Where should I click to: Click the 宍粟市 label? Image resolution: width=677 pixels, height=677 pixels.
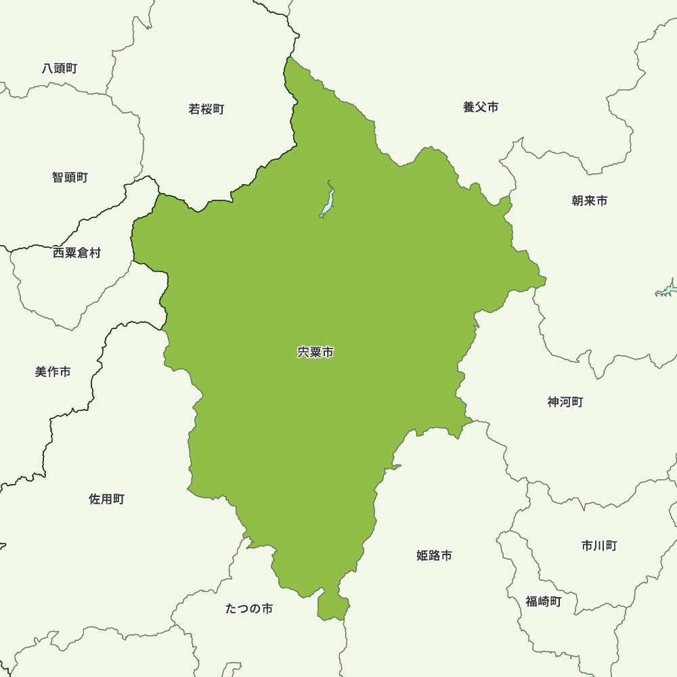click(315, 353)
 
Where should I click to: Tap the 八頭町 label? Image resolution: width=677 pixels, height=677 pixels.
click(60, 68)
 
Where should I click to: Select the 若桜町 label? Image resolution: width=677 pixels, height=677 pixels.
click(206, 109)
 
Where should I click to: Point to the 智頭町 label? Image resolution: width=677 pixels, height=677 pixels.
click(70, 177)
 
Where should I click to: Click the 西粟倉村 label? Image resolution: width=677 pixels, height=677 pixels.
click(77, 253)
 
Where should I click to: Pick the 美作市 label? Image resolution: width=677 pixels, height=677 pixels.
click(53, 372)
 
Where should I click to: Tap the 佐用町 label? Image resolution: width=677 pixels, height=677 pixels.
click(107, 500)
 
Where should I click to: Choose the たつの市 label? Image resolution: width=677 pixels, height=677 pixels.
click(249, 609)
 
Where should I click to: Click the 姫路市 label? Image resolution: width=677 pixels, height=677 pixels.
click(435, 556)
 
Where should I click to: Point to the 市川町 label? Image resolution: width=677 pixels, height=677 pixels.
click(599, 546)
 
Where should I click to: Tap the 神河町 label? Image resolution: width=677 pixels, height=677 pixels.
click(565, 402)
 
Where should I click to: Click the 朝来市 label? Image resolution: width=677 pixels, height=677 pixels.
click(590, 201)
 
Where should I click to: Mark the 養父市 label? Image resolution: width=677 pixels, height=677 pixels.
click(481, 107)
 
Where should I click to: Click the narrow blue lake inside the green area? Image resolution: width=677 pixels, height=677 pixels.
click(328, 201)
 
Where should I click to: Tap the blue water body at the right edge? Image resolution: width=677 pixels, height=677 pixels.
click(667, 290)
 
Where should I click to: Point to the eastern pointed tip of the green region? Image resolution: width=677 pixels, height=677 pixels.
click(543, 278)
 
